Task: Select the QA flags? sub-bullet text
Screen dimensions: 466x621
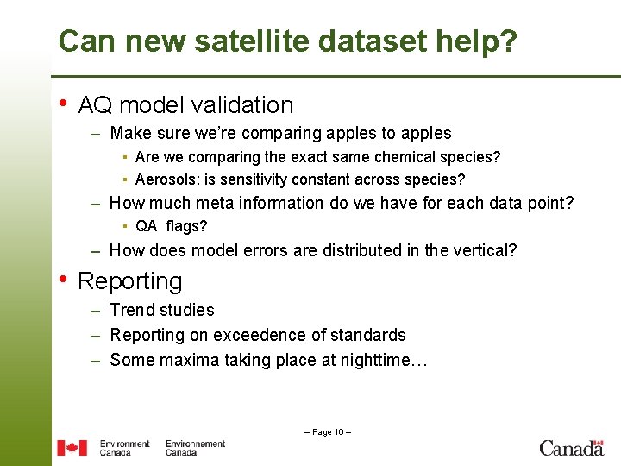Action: point(171,226)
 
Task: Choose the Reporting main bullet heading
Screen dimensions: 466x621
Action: point(130,281)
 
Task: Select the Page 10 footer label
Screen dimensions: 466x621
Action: point(327,431)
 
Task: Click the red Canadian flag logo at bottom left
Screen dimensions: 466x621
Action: point(72,447)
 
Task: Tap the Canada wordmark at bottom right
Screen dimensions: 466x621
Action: point(571,447)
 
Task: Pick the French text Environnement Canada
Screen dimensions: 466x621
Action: point(195,447)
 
